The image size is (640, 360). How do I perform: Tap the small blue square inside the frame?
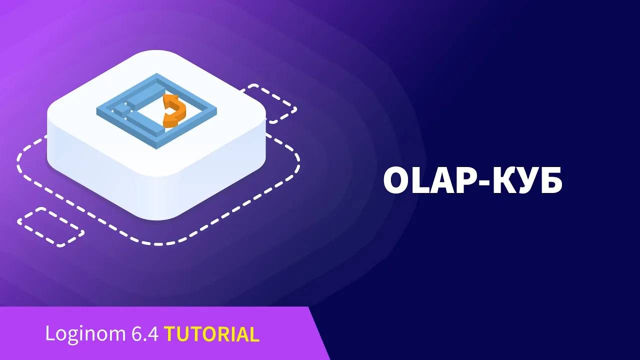point(120,109)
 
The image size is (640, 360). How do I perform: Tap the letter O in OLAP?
point(396,180)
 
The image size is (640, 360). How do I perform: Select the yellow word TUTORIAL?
point(211,334)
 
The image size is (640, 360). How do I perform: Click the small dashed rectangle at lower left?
point(50,227)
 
